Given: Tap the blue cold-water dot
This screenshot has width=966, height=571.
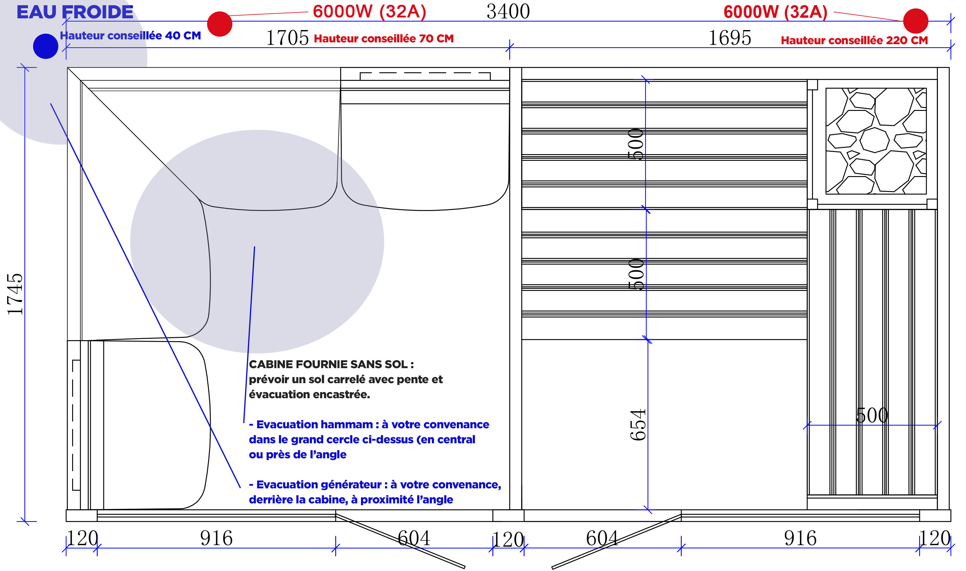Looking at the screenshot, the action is coord(45,46).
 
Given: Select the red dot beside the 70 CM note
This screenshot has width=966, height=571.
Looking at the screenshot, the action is coord(220,24).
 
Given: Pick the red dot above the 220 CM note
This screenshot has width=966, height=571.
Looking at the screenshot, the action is coord(916,21).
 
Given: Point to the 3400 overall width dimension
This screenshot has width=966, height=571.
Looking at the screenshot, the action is coord(508,11).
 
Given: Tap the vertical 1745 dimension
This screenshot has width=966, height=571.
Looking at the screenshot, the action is coord(15,294).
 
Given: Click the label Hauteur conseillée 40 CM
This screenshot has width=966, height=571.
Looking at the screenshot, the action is coord(130,36).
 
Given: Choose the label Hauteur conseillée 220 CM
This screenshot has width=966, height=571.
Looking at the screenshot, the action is coord(854,40).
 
